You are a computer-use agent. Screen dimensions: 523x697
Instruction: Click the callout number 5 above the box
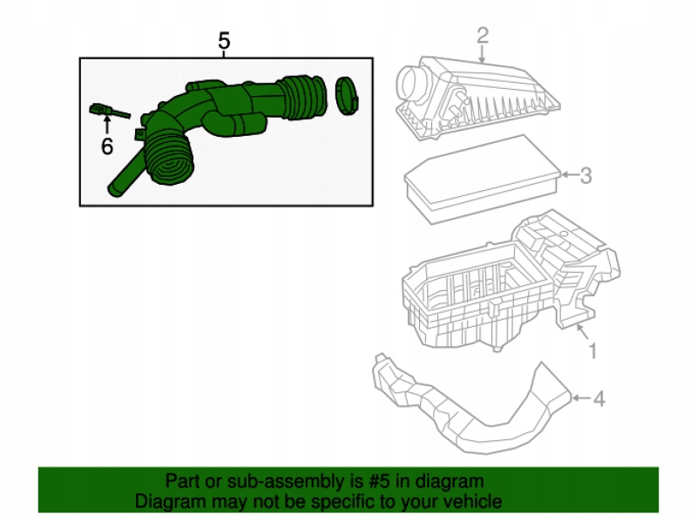pyautogui.click(x=224, y=41)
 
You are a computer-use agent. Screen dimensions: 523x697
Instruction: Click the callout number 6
pyautogui.click(x=106, y=146)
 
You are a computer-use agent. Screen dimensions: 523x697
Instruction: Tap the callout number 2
pyautogui.click(x=482, y=35)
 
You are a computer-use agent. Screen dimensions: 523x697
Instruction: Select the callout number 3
pyautogui.click(x=585, y=176)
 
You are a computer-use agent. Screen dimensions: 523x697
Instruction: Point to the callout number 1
pyautogui.click(x=592, y=351)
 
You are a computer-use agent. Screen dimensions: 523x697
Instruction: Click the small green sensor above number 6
pyautogui.click(x=101, y=110)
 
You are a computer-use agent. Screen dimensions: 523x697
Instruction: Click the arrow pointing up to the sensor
pyautogui.click(x=106, y=126)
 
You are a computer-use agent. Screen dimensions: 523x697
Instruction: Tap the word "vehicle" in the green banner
pyautogui.click(x=474, y=501)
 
